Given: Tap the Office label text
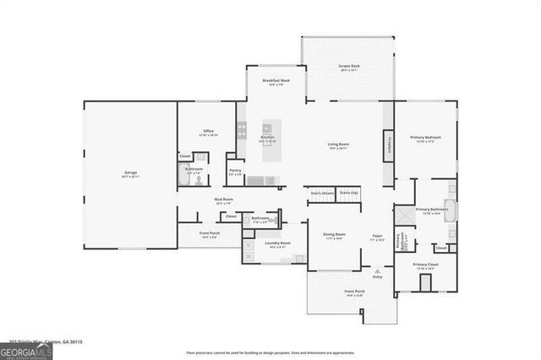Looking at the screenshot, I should click(207, 132).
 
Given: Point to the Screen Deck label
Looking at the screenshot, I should click(349, 66).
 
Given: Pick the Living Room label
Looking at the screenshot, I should click(339, 145).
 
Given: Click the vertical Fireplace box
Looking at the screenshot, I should click(388, 145).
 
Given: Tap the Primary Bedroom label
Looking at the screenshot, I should click(428, 137).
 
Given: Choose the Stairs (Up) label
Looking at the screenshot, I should click(348, 193).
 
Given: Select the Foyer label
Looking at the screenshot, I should click(377, 237).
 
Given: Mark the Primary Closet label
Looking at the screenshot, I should click(426, 265).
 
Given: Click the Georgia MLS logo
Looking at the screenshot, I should click(26, 350).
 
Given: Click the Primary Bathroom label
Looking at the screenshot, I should click(431, 210).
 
